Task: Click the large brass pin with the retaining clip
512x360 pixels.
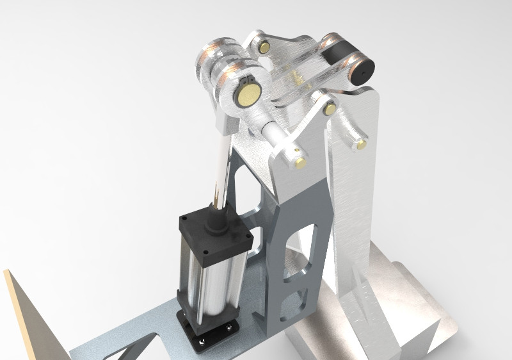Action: (x=247, y=96)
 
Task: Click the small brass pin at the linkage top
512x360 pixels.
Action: (x=264, y=47)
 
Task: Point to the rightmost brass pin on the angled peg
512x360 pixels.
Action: (x=362, y=145)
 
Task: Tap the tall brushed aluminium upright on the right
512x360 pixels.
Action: (x=355, y=192)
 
